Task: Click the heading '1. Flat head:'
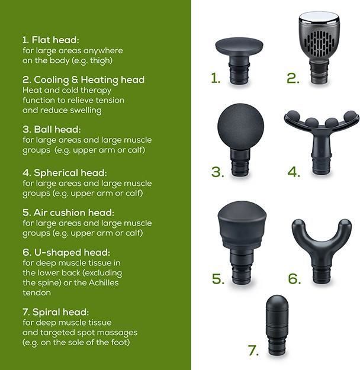coord(51,40)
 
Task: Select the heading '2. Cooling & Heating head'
coord(83,80)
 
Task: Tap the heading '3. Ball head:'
coord(52,129)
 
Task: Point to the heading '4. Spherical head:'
coord(65,173)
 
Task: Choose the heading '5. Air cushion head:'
coord(69,213)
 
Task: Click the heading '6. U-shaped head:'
coord(66,252)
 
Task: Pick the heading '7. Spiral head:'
coord(56,312)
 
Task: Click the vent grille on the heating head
coord(319,42)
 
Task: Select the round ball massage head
coord(240,127)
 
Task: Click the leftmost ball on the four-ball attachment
coord(292,115)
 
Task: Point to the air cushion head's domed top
coord(242,211)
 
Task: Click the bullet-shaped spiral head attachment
coord(277,325)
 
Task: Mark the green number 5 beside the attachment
coord(218,279)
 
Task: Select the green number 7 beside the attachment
coord(253,350)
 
